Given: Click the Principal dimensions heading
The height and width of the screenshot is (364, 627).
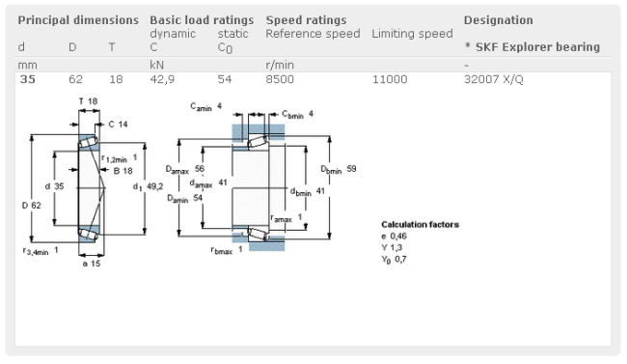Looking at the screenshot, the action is coord(78,20).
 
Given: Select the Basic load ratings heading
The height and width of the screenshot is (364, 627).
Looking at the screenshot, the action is coord(202,20).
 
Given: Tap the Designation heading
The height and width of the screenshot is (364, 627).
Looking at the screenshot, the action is coord(499,20).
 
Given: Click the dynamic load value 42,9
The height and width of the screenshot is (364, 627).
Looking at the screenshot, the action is coord(162,79).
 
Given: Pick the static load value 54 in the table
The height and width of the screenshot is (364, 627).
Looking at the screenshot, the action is coord(225,79).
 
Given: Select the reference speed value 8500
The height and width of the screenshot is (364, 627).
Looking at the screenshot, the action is coord(280,79).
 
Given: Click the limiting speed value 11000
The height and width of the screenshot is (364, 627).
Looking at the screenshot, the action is coord(390,79).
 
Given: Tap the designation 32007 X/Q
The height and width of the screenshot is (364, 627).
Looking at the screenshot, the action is coord(494,79).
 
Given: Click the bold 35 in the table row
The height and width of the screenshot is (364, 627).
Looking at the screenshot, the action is coord(28,79).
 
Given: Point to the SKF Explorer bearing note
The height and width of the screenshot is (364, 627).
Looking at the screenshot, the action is coord(532,47).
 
